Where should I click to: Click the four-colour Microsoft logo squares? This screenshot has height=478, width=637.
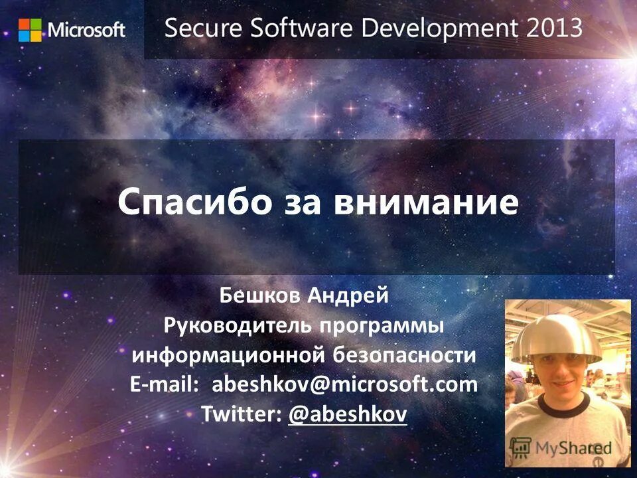(29, 30)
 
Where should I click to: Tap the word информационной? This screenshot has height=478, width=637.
(228, 355)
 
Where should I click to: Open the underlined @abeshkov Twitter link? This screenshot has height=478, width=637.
(348, 414)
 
